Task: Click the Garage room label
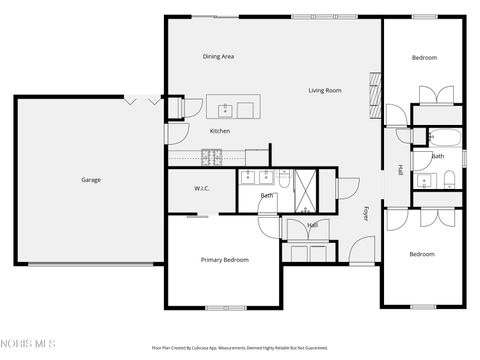tap(91, 180)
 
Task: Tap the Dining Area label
tap(218, 57)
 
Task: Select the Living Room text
tap(325, 91)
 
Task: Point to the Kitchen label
tap(219, 131)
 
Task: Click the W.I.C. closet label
tap(201, 188)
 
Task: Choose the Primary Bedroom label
tap(224, 260)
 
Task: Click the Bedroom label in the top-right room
tap(424, 58)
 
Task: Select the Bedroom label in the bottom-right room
tap(422, 254)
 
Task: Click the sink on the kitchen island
tap(227, 107)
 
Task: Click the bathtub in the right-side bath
tap(439, 139)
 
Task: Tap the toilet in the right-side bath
tap(451, 179)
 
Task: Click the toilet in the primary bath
tap(285, 179)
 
